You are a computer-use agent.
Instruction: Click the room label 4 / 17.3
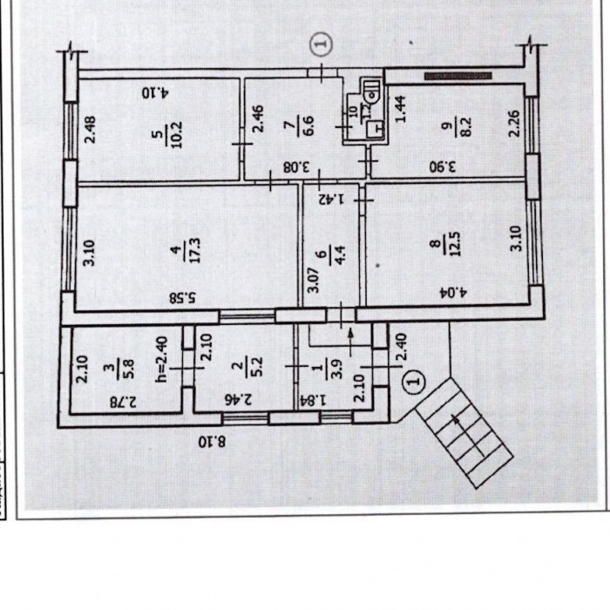[x=187, y=250]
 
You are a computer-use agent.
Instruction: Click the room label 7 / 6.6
[x=302, y=124]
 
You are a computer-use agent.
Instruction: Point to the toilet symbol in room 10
[x=372, y=91]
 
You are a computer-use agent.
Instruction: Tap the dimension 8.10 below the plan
[x=212, y=442]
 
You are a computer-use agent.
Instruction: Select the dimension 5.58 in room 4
[x=183, y=298]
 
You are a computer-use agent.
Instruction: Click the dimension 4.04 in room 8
[x=452, y=292]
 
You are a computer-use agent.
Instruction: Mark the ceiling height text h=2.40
[x=160, y=359]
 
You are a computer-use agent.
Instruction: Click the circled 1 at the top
[x=322, y=44]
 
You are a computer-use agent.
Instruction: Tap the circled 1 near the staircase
[x=414, y=382]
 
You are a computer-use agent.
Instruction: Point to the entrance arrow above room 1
[x=350, y=342]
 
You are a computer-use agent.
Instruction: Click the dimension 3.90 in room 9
[x=443, y=167]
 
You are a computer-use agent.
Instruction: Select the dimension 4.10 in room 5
[x=155, y=93]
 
